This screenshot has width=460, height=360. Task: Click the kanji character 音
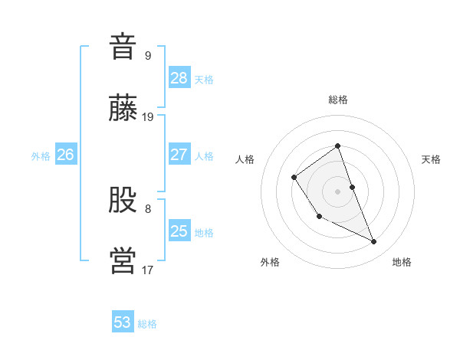[x=123, y=47]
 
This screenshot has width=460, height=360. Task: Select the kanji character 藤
[x=123, y=109]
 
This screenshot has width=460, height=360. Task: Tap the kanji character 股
[x=123, y=200]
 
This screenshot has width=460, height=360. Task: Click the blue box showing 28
[x=179, y=77]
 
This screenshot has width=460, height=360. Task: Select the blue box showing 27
[x=179, y=154]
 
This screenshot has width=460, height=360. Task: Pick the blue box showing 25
[x=179, y=231]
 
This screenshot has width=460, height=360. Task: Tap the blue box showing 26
[x=65, y=154]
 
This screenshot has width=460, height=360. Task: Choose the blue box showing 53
[x=123, y=322]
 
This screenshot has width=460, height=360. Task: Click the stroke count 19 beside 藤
[x=148, y=117]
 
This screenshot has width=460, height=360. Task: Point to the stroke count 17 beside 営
[x=148, y=270]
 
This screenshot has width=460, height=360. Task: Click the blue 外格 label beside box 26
[x=41, y=155]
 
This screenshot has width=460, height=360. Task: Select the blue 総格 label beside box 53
[x=147, y=324]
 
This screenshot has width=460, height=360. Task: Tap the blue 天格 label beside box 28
[x=204, y=79]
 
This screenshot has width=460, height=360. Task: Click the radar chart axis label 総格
[x=338, y=100]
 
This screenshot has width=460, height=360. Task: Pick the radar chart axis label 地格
[x=402, y=262]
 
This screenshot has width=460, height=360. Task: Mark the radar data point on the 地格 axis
[x=374, y=242]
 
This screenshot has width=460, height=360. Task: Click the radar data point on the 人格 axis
[x=294, y=178]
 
